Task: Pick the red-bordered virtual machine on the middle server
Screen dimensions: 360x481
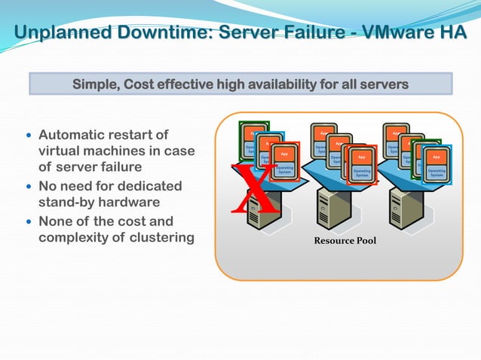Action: (x=361, y=163)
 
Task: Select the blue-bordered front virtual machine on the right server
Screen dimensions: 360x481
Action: (x=436, y=163)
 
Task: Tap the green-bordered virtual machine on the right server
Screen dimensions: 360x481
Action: (x=421, y=154)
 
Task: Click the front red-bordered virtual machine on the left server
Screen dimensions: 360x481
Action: (x=284, y=162)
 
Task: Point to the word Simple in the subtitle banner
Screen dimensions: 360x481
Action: (x=93, y=84)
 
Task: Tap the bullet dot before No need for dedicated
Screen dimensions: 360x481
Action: (x=29, y=186)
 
